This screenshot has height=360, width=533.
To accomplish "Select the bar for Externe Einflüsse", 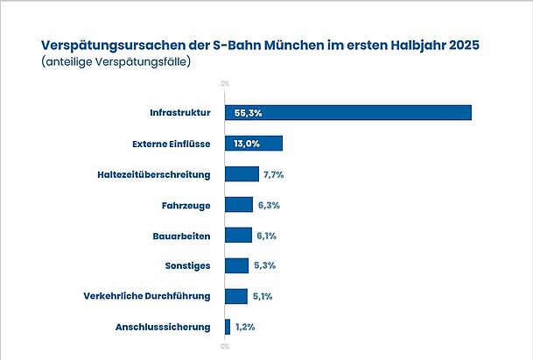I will pos(254,144).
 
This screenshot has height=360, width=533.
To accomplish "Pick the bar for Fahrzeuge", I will pos(238,205).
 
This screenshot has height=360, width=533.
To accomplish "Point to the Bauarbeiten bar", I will pos(238,235).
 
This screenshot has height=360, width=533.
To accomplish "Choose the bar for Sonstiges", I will pos(236,265).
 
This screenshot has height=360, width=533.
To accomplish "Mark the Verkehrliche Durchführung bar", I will pos(236,296).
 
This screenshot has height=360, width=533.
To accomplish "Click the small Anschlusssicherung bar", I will pos(228,327).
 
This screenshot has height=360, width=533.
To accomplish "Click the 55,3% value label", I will pos(249,113).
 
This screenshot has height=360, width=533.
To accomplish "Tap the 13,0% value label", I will pos(247,144).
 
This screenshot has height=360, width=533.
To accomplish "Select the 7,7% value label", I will pos(273,174).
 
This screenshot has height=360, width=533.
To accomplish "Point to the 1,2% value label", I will pos(245,327).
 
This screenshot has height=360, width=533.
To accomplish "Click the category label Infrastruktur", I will pos(181,113).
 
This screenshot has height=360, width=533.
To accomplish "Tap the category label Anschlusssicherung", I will pos(163,327).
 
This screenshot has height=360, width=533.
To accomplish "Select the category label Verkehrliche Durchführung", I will pos(147,296).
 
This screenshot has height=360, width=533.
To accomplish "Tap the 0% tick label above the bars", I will pos(225,84).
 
